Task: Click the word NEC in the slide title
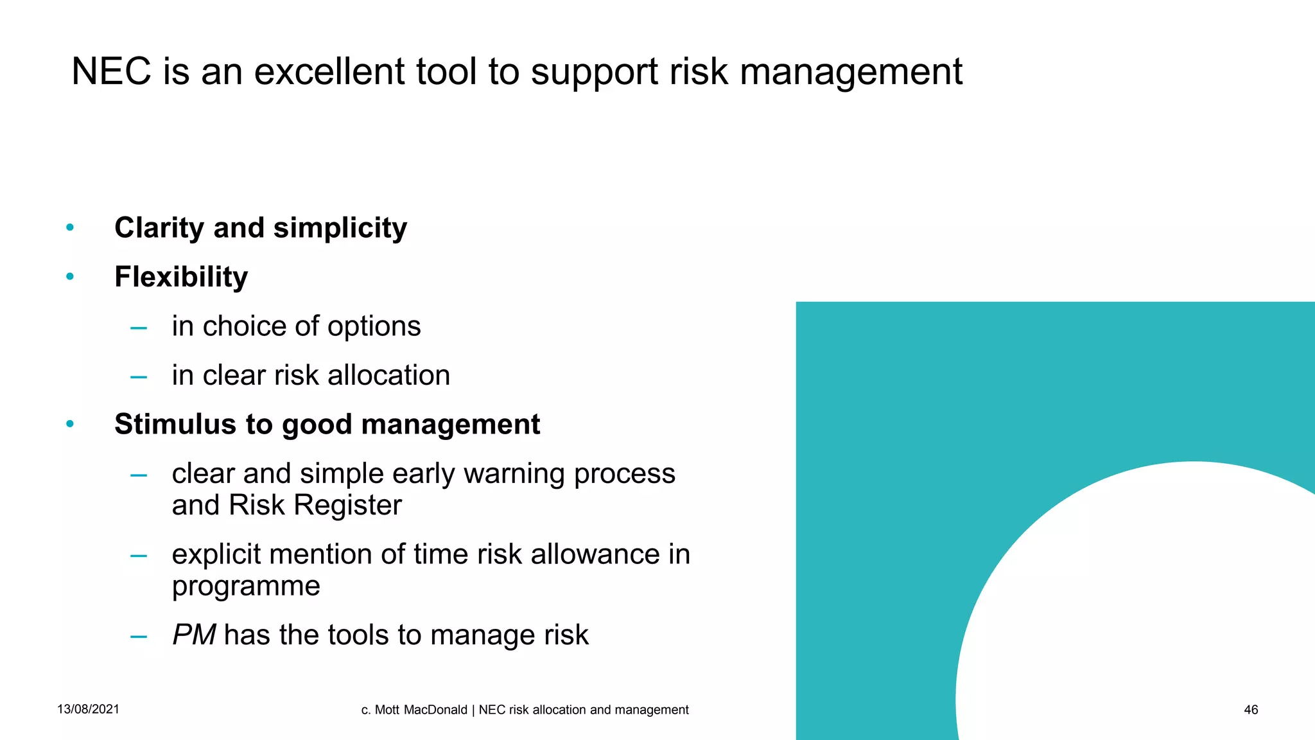pos(110,71)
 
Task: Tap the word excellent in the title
pos(329,71)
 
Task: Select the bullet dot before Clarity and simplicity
pos(70,227)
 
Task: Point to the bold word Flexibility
pos(181,277)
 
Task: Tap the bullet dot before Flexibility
pos(70,277)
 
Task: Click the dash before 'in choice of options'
pos(139,328)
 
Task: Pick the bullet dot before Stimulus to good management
pos(70,424)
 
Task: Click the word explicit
pos(216,555)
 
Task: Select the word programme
pos(246,586)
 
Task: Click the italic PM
pos(193,635)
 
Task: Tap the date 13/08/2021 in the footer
pos(88,709)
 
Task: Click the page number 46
pos(1251,710)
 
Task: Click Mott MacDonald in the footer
pos(421,710)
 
